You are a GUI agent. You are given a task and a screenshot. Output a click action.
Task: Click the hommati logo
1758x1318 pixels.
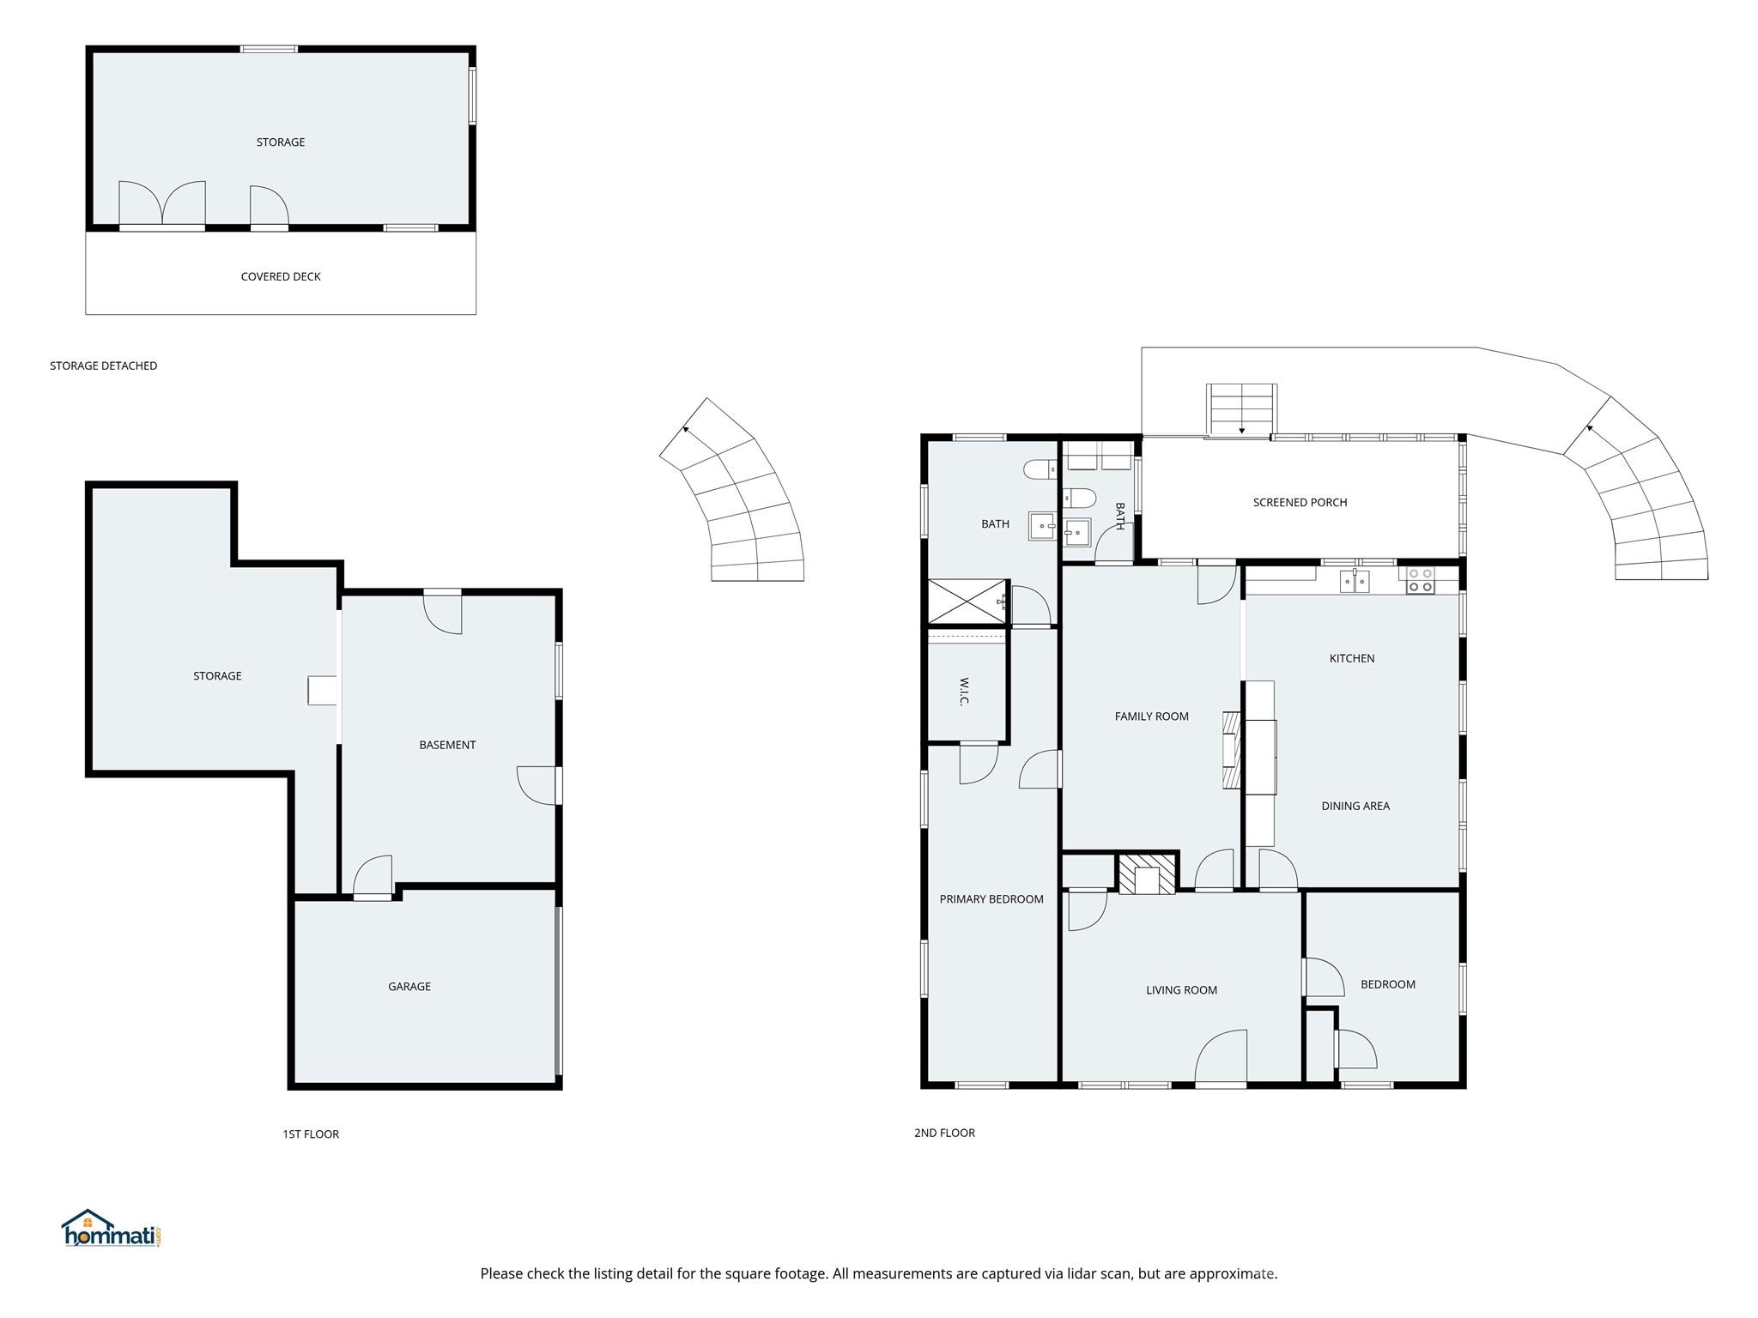pyautogui.click(x=112, y=1228)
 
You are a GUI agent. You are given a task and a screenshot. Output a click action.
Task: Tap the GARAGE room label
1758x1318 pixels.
pyautogui.click(x=409, y=987)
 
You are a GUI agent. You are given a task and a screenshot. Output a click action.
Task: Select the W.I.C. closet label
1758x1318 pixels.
pyautogui.click(x=964, y=692)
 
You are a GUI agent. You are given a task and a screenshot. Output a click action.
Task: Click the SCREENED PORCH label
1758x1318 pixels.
pyautogui.click(x=1300, y=503)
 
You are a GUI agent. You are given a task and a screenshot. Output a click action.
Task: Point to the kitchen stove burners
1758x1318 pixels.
pyautogui.click(x=1420, y=580)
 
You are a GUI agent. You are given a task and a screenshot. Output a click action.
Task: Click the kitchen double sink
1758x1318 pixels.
pyautogui.click(x=1355, y=581)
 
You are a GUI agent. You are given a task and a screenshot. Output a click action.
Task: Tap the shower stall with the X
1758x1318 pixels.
pyautogui.click(x=967, y=602)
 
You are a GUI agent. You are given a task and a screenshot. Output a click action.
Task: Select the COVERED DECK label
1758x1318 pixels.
pyautogui.click(x=281, y=277)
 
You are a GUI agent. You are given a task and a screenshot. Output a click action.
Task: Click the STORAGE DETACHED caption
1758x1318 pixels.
pyautogui.click(x=104, y=366)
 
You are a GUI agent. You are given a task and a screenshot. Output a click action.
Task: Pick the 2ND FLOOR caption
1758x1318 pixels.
pyautogui.click(x=944, y=1133)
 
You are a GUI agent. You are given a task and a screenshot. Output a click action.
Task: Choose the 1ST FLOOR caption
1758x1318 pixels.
pyautogui.click(x=311, y=1134)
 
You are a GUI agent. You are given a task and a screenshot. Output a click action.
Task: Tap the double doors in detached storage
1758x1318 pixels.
pyautogui.click(x=162, y=203)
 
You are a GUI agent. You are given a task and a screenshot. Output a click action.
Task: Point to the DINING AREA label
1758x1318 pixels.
pyautogui.click(x=1355, y=806)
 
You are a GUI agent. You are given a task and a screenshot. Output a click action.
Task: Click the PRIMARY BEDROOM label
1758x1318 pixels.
pyautogui.click(x=991, y=899)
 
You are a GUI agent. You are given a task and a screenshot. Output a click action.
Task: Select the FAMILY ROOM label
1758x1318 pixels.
pyautogui.click(x=1152, y=716)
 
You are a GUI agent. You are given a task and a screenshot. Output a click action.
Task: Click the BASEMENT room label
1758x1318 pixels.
pyautogui.click(x=447, y=745)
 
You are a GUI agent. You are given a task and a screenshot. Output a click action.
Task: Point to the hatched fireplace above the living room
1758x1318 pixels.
pyautogui.click(x=1147, y=874)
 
